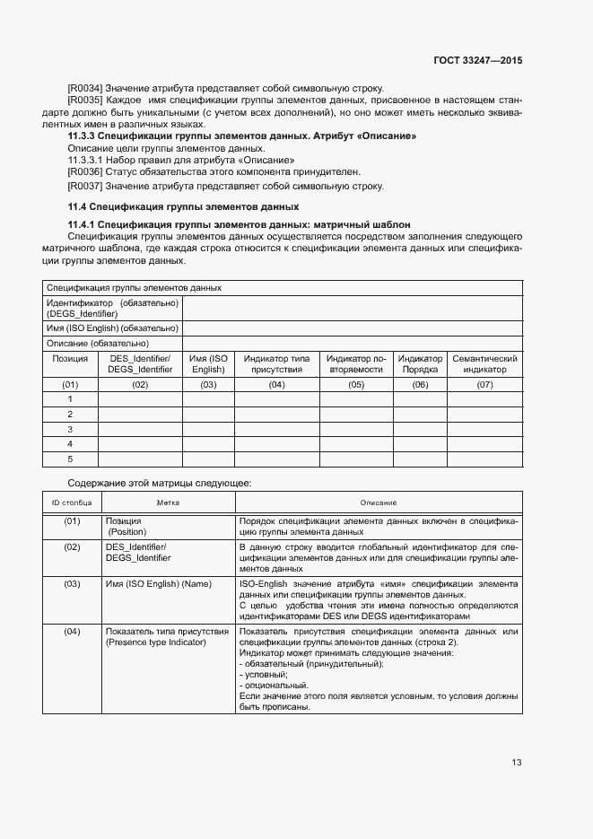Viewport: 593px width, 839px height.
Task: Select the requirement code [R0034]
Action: (85, 88)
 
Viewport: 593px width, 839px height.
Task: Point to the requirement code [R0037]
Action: (85, 186)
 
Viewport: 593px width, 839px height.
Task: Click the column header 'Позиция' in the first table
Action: (70, 358)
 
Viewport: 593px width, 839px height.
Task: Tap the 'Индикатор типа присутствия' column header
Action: (275, 363)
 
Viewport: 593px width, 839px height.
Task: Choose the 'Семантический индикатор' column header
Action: (484, 363)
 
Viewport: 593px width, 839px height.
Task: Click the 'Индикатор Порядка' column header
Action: (420, 363)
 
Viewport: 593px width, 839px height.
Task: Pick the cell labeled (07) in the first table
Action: (484, 384)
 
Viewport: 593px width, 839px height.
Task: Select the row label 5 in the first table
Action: (70, 459)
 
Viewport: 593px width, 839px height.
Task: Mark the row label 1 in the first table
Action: (70, 398)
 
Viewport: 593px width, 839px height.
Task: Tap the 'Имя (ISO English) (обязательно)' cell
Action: (112, 328)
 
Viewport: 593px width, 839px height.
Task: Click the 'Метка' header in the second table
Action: (168, 503)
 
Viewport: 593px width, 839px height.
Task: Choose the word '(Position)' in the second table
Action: (127, 532)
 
